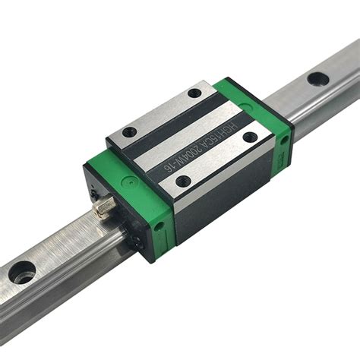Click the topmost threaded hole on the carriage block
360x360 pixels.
pos(194,93)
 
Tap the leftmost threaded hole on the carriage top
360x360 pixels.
pos(130,132)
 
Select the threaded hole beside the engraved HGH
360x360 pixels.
pos(251,137)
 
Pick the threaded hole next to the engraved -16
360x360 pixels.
pos(183,181)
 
